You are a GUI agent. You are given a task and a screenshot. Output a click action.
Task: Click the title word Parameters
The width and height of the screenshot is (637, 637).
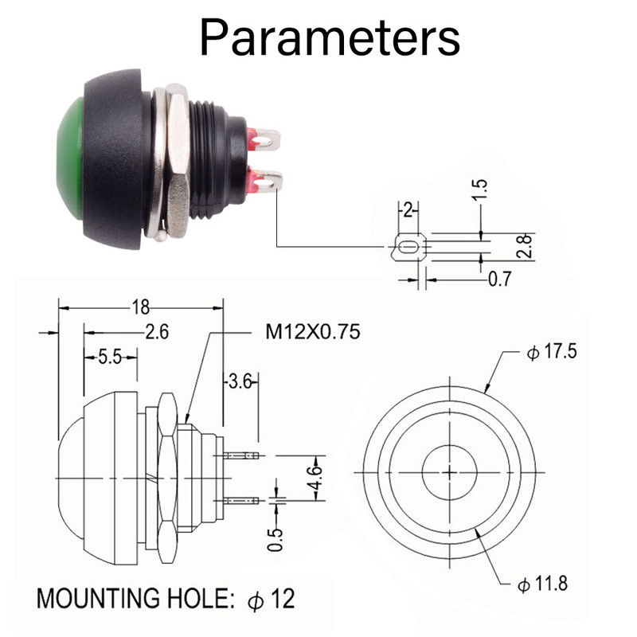coord(329,37)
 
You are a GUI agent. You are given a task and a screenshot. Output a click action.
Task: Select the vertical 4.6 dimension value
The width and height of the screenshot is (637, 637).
coord(316,478)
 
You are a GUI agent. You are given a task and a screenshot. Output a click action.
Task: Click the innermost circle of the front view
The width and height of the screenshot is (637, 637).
coord(451,471)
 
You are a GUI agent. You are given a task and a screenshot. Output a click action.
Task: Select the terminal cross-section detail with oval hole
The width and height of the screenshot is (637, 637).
coord(408,247)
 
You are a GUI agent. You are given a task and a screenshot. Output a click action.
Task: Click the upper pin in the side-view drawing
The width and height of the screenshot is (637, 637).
coord(243,456)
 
